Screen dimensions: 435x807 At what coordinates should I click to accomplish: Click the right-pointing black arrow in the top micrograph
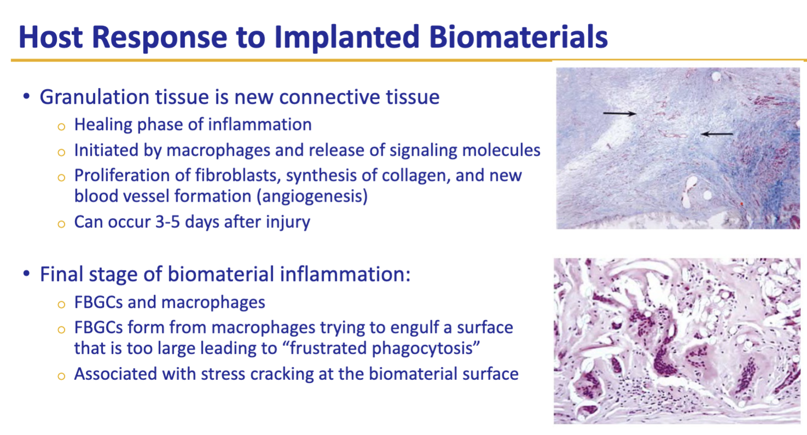tap(619, 114)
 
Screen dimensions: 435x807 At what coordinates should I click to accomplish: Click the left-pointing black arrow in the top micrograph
tap(716, 133)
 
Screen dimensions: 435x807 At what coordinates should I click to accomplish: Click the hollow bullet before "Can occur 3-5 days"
tap(62, 224)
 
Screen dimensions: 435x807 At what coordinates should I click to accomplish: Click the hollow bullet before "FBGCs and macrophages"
tap(62, 303)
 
